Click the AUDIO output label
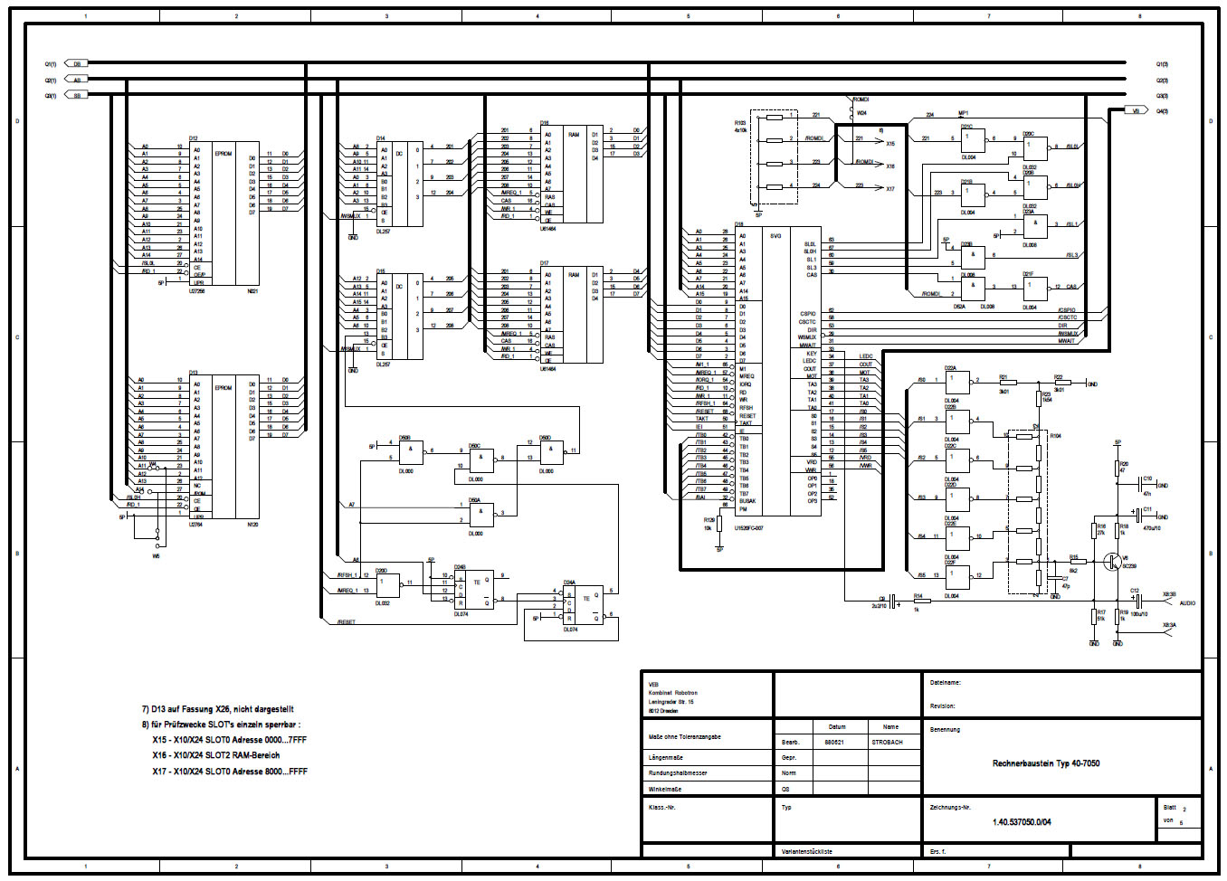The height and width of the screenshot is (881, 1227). coord(1187,602)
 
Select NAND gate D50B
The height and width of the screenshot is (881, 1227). coord(409,450)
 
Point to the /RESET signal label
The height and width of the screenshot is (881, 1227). coord(346,622)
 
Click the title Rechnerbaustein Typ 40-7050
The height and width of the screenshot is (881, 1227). coord(1045,763)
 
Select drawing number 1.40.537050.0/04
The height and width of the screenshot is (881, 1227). coord(1022,822)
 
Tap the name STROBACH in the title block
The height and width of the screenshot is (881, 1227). coord(887,743)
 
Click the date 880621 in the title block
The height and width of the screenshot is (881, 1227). coord(833,743)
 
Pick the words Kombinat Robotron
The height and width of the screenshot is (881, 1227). coord(672,693)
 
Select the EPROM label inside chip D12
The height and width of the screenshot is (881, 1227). coord(224,154)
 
